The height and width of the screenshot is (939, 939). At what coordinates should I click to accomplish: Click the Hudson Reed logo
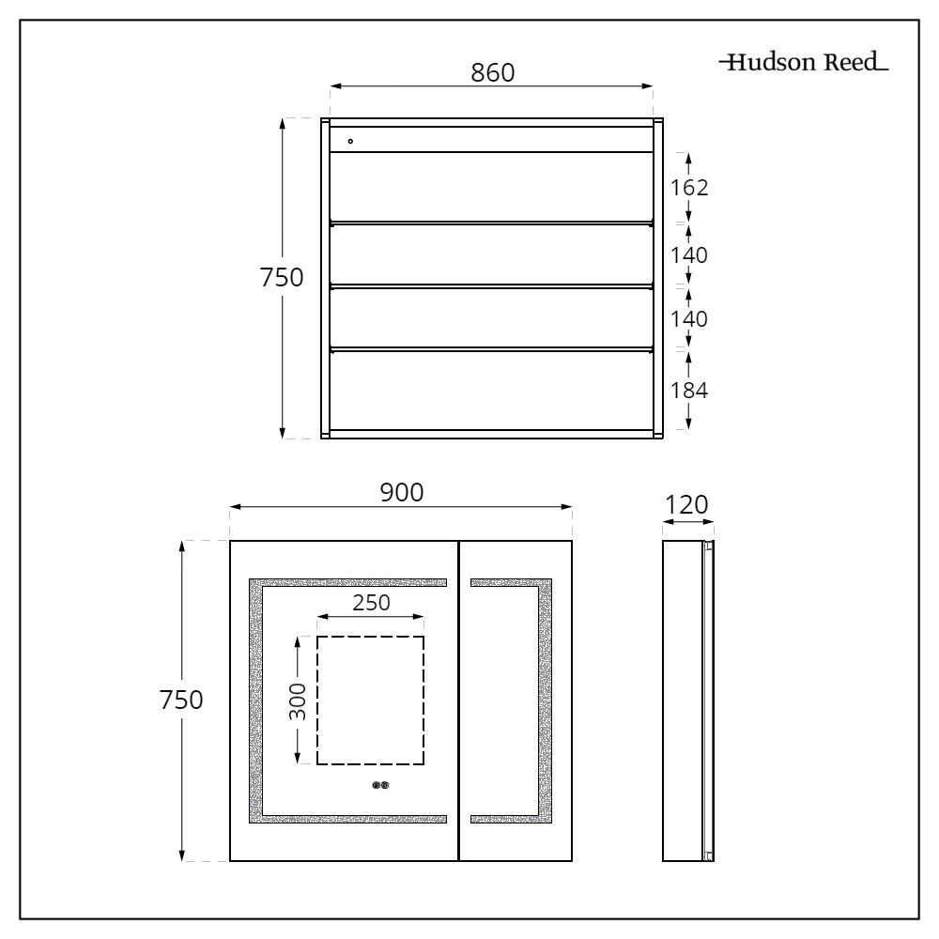pyautogui.click(x=804, y=65)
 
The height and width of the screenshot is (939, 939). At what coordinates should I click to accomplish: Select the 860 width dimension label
pyautogui.click(x=492, y=72)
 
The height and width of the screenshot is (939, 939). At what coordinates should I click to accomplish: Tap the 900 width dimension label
pyautogui.click(x=401, y=491)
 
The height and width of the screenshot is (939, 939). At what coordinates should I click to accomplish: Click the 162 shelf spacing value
pyautogui.click(x=689, y=187)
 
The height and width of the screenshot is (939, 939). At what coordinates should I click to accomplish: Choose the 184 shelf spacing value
pyautogui.click(x=689, y=390)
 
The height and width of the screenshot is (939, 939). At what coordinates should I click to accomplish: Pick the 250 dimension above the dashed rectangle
pyautogui.click(x=371, y=602)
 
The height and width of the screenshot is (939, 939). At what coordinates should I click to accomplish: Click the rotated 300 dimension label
pyautogui.click(x=298, y=700)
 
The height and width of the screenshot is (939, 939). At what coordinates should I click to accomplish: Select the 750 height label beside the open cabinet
pyautogui.click(x=281, y=278)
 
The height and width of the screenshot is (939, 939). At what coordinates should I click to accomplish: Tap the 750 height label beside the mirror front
pyautogui.click(x=179, y=700)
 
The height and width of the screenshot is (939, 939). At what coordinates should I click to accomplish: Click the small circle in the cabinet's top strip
pyautogui.click(x=350, y=141)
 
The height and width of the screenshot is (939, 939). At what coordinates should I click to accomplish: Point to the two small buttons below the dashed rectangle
pyautogui.click(x=381, y=787)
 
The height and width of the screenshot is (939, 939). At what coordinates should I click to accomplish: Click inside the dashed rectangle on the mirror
pyautogui.click(x=370, y=700)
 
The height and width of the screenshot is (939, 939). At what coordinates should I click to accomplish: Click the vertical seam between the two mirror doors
pyautogui.click(x=457, y=700)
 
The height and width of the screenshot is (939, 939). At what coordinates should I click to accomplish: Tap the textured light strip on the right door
pyautogui.click(x=544, y=700)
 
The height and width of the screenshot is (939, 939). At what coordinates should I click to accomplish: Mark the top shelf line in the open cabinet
pyautogui.click(x=491, y=223)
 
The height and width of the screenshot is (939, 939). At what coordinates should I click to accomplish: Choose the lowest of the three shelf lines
pyautogui.click(x=491, y=349)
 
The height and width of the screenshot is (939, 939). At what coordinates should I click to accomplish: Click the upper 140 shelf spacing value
pyautogui.click(x=689, y=254)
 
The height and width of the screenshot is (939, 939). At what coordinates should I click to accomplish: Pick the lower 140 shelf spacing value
pyautogui.click(x=689, y=319)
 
